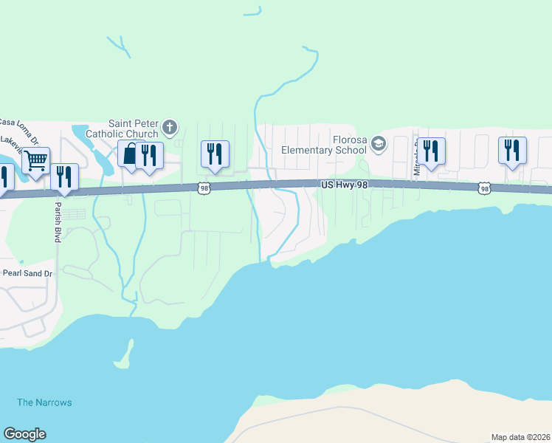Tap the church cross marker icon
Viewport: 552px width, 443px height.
pos(170,128)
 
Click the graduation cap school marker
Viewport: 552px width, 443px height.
pos(379,143)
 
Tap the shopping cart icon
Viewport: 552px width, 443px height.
pos(35,160)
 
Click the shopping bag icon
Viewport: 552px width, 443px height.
pos(131,155)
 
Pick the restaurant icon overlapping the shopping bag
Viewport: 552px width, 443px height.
pos(150,155)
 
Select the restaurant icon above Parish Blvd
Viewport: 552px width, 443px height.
pos(64,176)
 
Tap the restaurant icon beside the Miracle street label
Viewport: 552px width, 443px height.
pos(431,151)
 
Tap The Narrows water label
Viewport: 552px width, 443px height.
pos(44,402)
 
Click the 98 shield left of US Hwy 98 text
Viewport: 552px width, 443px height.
pos(204,189)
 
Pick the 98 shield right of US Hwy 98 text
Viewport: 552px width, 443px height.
pos(484,189)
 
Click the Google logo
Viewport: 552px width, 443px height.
pos(24,434)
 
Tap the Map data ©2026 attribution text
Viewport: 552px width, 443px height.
pos(520,437)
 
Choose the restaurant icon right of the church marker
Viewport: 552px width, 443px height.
pos(215,154)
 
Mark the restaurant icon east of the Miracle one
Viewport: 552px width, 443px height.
pos(511,151)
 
